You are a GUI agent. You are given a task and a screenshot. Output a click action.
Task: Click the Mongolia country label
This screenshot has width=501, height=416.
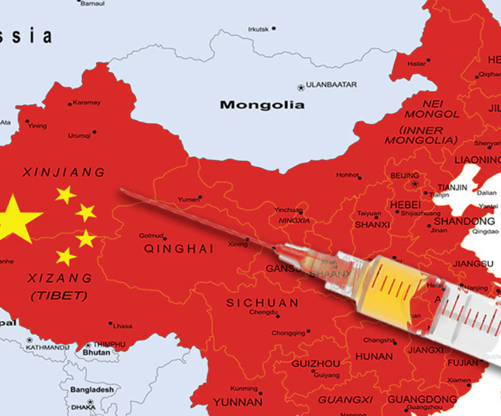(x=262, y=105)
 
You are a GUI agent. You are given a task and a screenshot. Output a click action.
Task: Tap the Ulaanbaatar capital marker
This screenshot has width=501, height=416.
(x=301, y=87)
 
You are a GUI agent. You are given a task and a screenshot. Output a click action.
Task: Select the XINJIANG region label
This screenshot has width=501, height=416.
(x=64, y=172)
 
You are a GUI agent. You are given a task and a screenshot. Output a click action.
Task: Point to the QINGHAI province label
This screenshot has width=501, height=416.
(x=179, y=248)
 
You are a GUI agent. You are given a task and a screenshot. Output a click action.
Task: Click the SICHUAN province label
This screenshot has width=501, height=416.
(x=262, y=302)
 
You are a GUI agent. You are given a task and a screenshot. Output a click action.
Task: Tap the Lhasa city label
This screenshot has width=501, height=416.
(x=123, y=325)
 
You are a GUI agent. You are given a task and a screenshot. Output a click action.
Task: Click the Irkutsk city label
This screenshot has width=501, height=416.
(x=258, y=29)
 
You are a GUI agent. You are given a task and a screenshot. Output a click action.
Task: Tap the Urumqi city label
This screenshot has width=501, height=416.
(x=79, y=135)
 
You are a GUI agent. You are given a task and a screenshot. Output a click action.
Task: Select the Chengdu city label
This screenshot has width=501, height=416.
(x=263, y=313)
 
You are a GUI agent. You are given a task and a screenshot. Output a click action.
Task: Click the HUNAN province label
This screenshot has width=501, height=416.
(x=373, y=356)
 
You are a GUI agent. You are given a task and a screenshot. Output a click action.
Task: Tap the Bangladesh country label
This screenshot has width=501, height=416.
(x=91, y=390)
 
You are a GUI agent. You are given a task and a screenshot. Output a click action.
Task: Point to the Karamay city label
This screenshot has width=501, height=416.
(x=87, y=103)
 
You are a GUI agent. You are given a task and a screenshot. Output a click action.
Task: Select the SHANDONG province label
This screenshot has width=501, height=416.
(x=464, y=221)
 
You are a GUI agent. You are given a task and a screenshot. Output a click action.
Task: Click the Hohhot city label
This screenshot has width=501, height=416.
(x=347, y=175)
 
